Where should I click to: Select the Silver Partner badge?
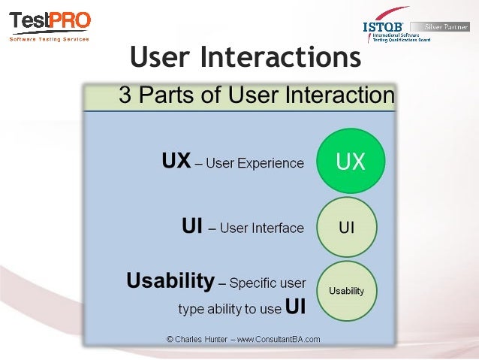point(446,26)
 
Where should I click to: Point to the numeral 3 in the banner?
point(125,95)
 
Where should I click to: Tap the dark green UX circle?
point(350,162)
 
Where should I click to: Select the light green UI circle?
point(346,227)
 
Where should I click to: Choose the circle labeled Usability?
point(346,291)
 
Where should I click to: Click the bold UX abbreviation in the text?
point(176,162)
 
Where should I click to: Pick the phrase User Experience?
point(255,163)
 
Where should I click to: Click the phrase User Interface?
point(261,228)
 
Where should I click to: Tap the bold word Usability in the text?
point(170,281)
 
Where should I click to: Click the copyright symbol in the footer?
point(170,339)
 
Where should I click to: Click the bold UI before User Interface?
point(192,227)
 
